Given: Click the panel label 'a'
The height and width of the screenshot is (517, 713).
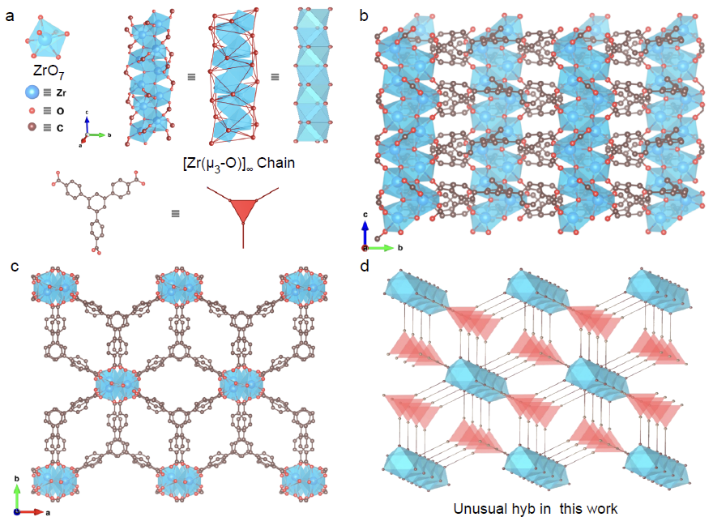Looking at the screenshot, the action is (10, 16).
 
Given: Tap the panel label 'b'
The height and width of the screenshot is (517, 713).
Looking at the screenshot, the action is (364, 15).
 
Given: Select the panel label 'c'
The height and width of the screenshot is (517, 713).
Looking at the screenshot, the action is (15, 266).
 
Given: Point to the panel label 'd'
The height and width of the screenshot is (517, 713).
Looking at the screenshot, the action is (365, 265).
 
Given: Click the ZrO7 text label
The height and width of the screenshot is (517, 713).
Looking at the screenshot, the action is (49, 71).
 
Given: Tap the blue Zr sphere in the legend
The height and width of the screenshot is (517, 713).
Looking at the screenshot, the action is (32, 92).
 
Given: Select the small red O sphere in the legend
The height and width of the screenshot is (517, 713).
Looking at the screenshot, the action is (32, 110).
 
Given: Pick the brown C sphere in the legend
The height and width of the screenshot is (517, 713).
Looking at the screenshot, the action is (32, 127).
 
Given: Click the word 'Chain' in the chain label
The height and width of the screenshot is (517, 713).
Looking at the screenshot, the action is (275, 163).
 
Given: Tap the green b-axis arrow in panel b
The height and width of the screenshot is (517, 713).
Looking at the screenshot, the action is (380, 248).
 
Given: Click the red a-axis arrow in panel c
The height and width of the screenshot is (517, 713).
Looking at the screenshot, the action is (31, 512).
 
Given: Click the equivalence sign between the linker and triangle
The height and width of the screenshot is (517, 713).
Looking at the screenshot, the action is (176, 213).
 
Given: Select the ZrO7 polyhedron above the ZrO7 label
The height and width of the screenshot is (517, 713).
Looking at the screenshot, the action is (46, 37).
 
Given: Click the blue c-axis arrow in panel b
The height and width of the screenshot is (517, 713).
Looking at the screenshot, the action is (365, 233).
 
